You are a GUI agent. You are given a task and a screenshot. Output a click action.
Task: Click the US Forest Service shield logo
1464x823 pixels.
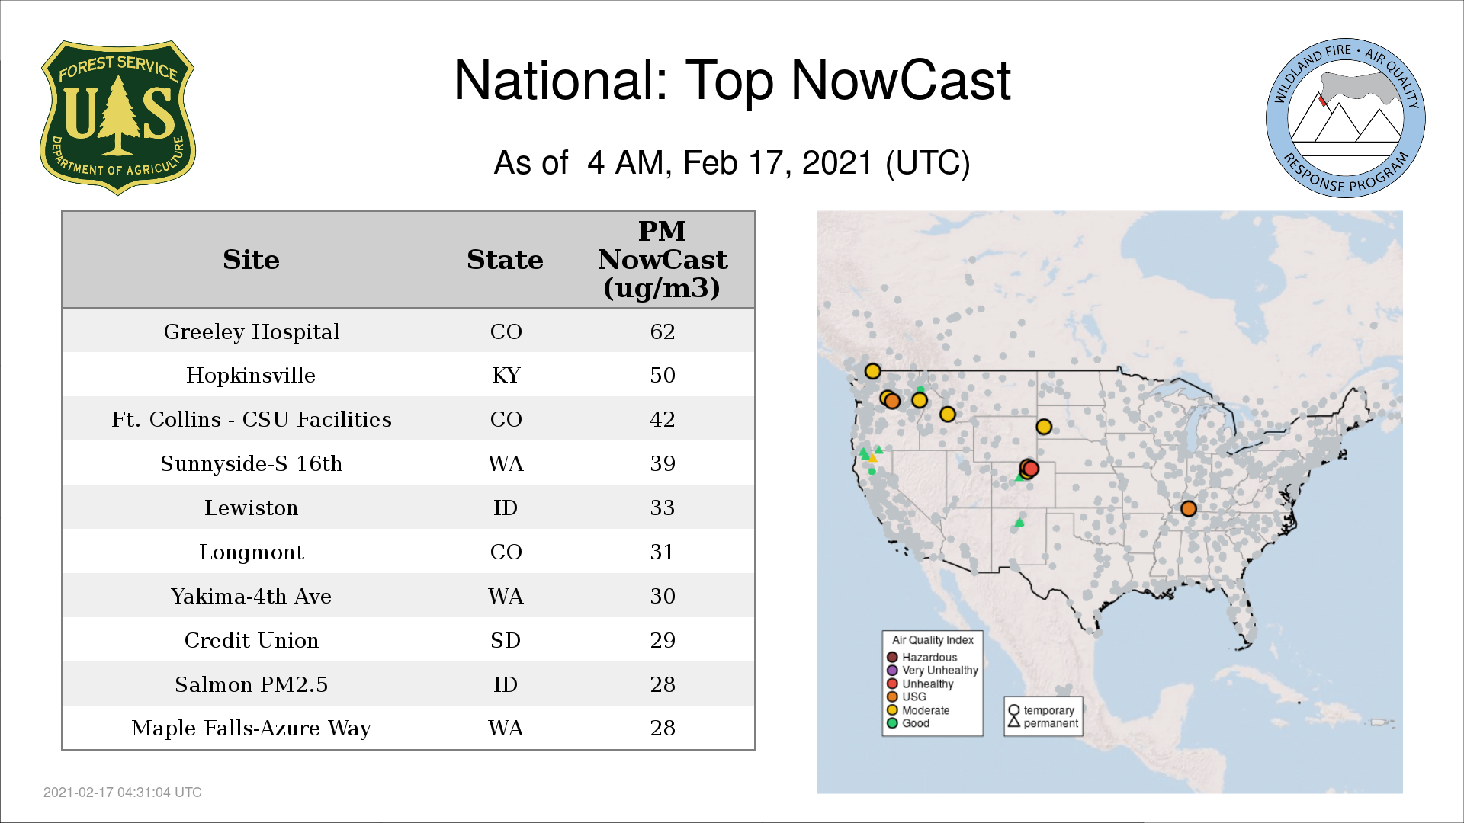pos(117,118)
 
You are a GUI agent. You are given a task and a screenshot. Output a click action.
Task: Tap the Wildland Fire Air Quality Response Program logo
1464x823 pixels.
pos(1346,118)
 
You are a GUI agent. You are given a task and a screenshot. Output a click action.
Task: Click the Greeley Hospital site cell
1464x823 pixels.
pos(252,331)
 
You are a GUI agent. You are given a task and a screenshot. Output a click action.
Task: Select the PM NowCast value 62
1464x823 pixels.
pos(663,331)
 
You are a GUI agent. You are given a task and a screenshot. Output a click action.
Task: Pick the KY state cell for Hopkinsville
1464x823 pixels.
pos(506,375)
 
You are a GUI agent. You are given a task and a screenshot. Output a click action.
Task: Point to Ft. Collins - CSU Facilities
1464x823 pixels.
pos(252,419)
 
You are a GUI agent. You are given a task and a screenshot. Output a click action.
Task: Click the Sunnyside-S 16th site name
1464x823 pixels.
pos(252,463)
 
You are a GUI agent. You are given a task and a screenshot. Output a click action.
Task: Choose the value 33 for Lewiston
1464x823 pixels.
pos(663,508)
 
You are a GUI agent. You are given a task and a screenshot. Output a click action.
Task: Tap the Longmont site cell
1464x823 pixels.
pos(252,552)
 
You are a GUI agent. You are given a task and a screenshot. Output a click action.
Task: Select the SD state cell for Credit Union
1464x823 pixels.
pos(506,640)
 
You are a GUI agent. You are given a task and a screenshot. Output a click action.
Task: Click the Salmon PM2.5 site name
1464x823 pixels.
pos(252,684)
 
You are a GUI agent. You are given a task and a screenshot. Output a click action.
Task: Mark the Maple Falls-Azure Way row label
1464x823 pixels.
pos(252,728)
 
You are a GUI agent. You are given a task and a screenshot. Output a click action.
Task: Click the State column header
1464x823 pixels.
pos(505,260)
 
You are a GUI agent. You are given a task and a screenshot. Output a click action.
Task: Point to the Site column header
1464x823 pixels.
pos(252,260)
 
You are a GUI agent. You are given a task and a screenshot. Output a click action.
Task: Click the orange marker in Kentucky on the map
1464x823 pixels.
pos(1188,508)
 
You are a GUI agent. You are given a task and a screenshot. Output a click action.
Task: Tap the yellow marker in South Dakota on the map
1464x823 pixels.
pos(1044,427)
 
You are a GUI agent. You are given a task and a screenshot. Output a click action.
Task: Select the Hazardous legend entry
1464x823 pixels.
pos(922,657)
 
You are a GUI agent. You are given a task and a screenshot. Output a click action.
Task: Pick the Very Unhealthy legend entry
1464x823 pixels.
pos(933,671)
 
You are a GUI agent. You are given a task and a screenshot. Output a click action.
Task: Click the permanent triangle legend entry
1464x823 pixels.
pos(1043,723)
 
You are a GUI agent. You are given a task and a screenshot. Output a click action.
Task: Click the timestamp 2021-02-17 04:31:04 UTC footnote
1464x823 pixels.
pos(123,793)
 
